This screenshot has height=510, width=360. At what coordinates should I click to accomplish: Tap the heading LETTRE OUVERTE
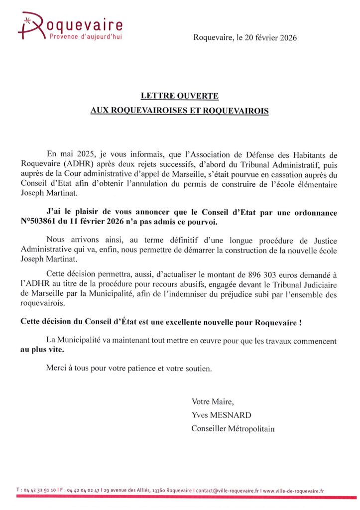coord(179,96)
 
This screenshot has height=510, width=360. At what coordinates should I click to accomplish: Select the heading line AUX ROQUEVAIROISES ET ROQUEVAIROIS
coord(179,110)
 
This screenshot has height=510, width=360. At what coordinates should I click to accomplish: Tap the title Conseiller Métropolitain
coord(233,428)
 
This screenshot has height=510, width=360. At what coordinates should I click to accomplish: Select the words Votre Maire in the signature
coord(212,401)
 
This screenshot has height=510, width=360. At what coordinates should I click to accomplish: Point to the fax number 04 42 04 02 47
coord(82,491)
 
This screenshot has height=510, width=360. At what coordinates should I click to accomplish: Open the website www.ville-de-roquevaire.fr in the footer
coord(293,491)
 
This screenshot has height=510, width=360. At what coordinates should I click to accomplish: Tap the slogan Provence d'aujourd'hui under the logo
coord(84,36)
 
